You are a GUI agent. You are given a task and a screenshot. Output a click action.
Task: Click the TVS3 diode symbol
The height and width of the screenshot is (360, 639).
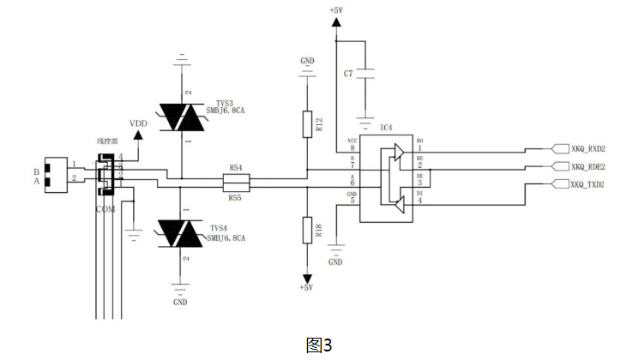tap(181, 117)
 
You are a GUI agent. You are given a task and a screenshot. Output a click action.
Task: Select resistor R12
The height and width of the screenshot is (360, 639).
tap(307, 125)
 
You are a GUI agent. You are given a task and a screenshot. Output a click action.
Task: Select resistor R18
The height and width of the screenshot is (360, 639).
tap(307, 231)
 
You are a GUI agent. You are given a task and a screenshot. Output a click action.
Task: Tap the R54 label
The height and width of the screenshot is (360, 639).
tap(235, 169)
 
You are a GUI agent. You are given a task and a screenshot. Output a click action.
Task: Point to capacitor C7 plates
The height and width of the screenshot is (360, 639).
tap(366, 75)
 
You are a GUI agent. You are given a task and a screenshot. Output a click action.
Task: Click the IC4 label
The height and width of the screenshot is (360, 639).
tap(386, 128)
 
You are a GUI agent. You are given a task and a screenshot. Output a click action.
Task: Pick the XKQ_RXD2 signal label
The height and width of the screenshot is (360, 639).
tap(589, 148)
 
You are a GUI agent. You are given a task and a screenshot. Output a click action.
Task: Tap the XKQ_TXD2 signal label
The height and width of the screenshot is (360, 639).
tap(589, 183)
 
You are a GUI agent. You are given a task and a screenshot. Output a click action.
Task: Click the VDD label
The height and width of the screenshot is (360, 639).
tap(138, 123)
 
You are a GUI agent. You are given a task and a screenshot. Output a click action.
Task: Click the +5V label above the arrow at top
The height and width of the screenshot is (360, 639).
tap(335, 10)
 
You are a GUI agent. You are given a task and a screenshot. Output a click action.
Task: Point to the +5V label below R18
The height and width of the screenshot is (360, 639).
tap(307, 288)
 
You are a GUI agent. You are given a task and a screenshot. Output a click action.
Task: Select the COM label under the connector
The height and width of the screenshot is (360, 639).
tap(105, 208)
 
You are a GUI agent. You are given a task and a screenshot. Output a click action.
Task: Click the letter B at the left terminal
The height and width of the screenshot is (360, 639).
tap(37, 171)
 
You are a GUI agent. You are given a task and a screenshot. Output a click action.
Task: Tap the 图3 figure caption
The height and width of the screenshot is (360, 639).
tap(318, 345)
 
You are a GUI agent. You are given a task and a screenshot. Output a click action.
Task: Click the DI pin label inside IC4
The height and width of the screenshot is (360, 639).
tap(419, 194)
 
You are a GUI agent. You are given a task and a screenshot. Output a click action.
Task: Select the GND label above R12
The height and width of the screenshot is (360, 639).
tap(307, 61)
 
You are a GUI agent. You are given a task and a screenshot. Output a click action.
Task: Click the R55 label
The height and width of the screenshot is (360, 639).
tap(235, 197)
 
